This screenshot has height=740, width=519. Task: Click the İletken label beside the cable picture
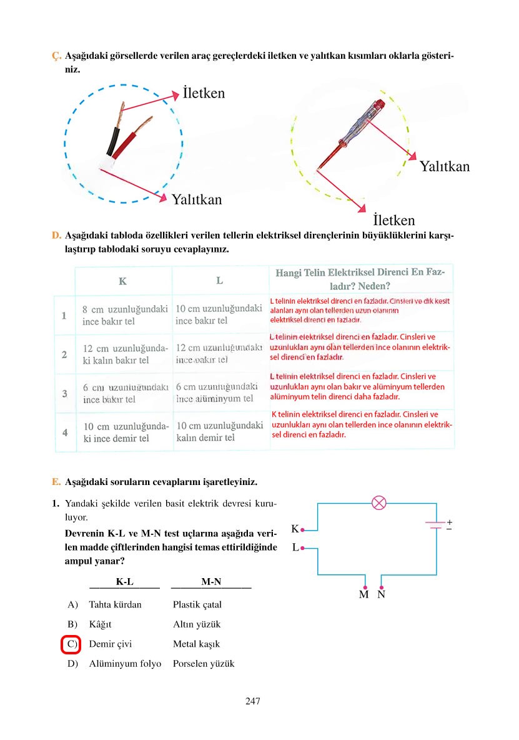tap(204, 93)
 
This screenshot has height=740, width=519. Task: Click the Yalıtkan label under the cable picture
tap(196, 200)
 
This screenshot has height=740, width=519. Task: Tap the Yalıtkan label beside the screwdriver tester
tap(444, 166)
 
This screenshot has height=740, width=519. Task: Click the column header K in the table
tap(123, 281)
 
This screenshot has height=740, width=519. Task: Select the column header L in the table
tap(220, 281)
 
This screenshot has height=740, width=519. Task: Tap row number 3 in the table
tap(64, 393)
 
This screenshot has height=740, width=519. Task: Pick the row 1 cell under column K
tap(124, 315)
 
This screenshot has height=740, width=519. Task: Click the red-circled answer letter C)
tap(72, 644)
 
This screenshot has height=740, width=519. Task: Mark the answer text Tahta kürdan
tap(116, 604)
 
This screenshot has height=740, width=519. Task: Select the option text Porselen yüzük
tap(204, 664)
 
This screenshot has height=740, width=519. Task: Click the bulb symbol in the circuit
tap(379, 502)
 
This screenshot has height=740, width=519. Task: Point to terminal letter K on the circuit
tap(295, 529)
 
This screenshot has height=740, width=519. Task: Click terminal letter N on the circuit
tap(381, 594)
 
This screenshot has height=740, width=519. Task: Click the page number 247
tap(252, 701)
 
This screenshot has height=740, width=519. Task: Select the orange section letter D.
tap(56, 236)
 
